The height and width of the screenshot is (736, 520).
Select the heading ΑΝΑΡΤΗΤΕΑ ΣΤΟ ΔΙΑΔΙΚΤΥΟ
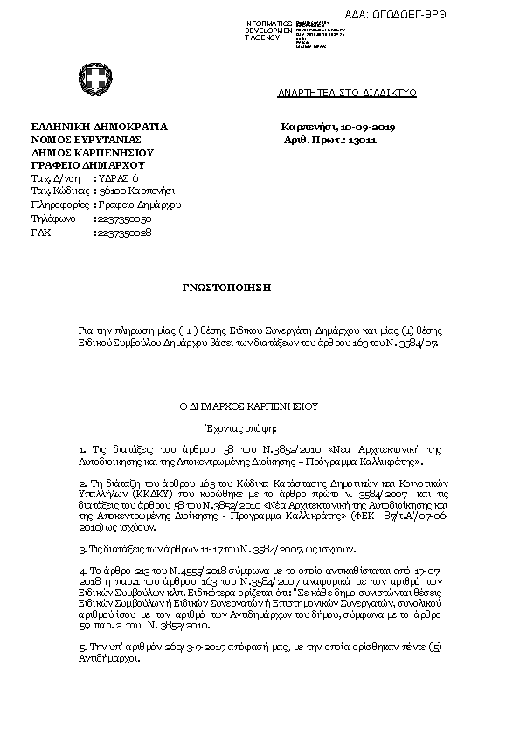point(347,92)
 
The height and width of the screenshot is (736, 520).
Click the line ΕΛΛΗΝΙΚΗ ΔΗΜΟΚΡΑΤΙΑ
point(99,128)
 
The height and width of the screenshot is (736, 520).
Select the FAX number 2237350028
point(125,233)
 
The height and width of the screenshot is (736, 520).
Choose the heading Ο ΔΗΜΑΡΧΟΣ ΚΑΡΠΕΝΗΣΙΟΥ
point(249,406)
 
